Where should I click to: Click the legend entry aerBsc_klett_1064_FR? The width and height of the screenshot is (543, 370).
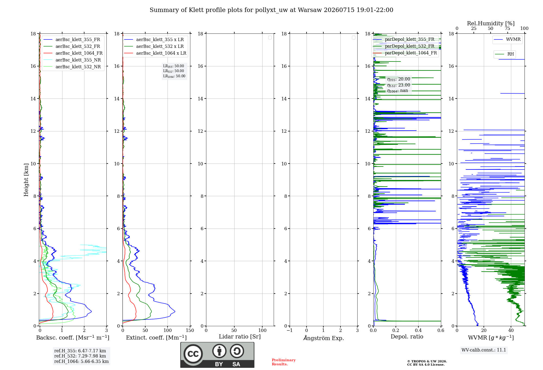(x=73, y=53)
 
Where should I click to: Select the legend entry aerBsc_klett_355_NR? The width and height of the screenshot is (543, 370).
(x=72, y=60)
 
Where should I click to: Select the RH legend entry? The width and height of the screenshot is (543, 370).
(x=504, y=54)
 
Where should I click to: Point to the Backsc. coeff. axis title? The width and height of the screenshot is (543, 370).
(x=73, y=338)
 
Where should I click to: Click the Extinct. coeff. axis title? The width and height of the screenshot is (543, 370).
(x=156, y=338)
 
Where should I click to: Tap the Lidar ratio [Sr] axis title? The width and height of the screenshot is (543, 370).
(x=240, y=337)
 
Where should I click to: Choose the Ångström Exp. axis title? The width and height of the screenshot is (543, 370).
(x=324, y=338)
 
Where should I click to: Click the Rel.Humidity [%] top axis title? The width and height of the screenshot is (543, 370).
(x=491, y=23)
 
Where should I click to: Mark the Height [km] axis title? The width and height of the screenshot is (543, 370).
(x=26, y=180)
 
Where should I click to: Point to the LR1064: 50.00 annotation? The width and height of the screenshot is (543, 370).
(x=174, y=76)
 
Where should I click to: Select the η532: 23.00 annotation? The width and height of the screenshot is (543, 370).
(x=399, y=85)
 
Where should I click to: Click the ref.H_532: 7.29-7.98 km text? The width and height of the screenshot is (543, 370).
(x=80, y=356)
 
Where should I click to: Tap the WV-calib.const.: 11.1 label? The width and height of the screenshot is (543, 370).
(x=484, y=350)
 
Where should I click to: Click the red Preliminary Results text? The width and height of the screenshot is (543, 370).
(x=284, y=362)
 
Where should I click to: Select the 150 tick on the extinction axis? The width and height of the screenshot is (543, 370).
(x=190, y=330)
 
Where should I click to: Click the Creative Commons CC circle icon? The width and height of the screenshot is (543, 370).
(x=193, y=354)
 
